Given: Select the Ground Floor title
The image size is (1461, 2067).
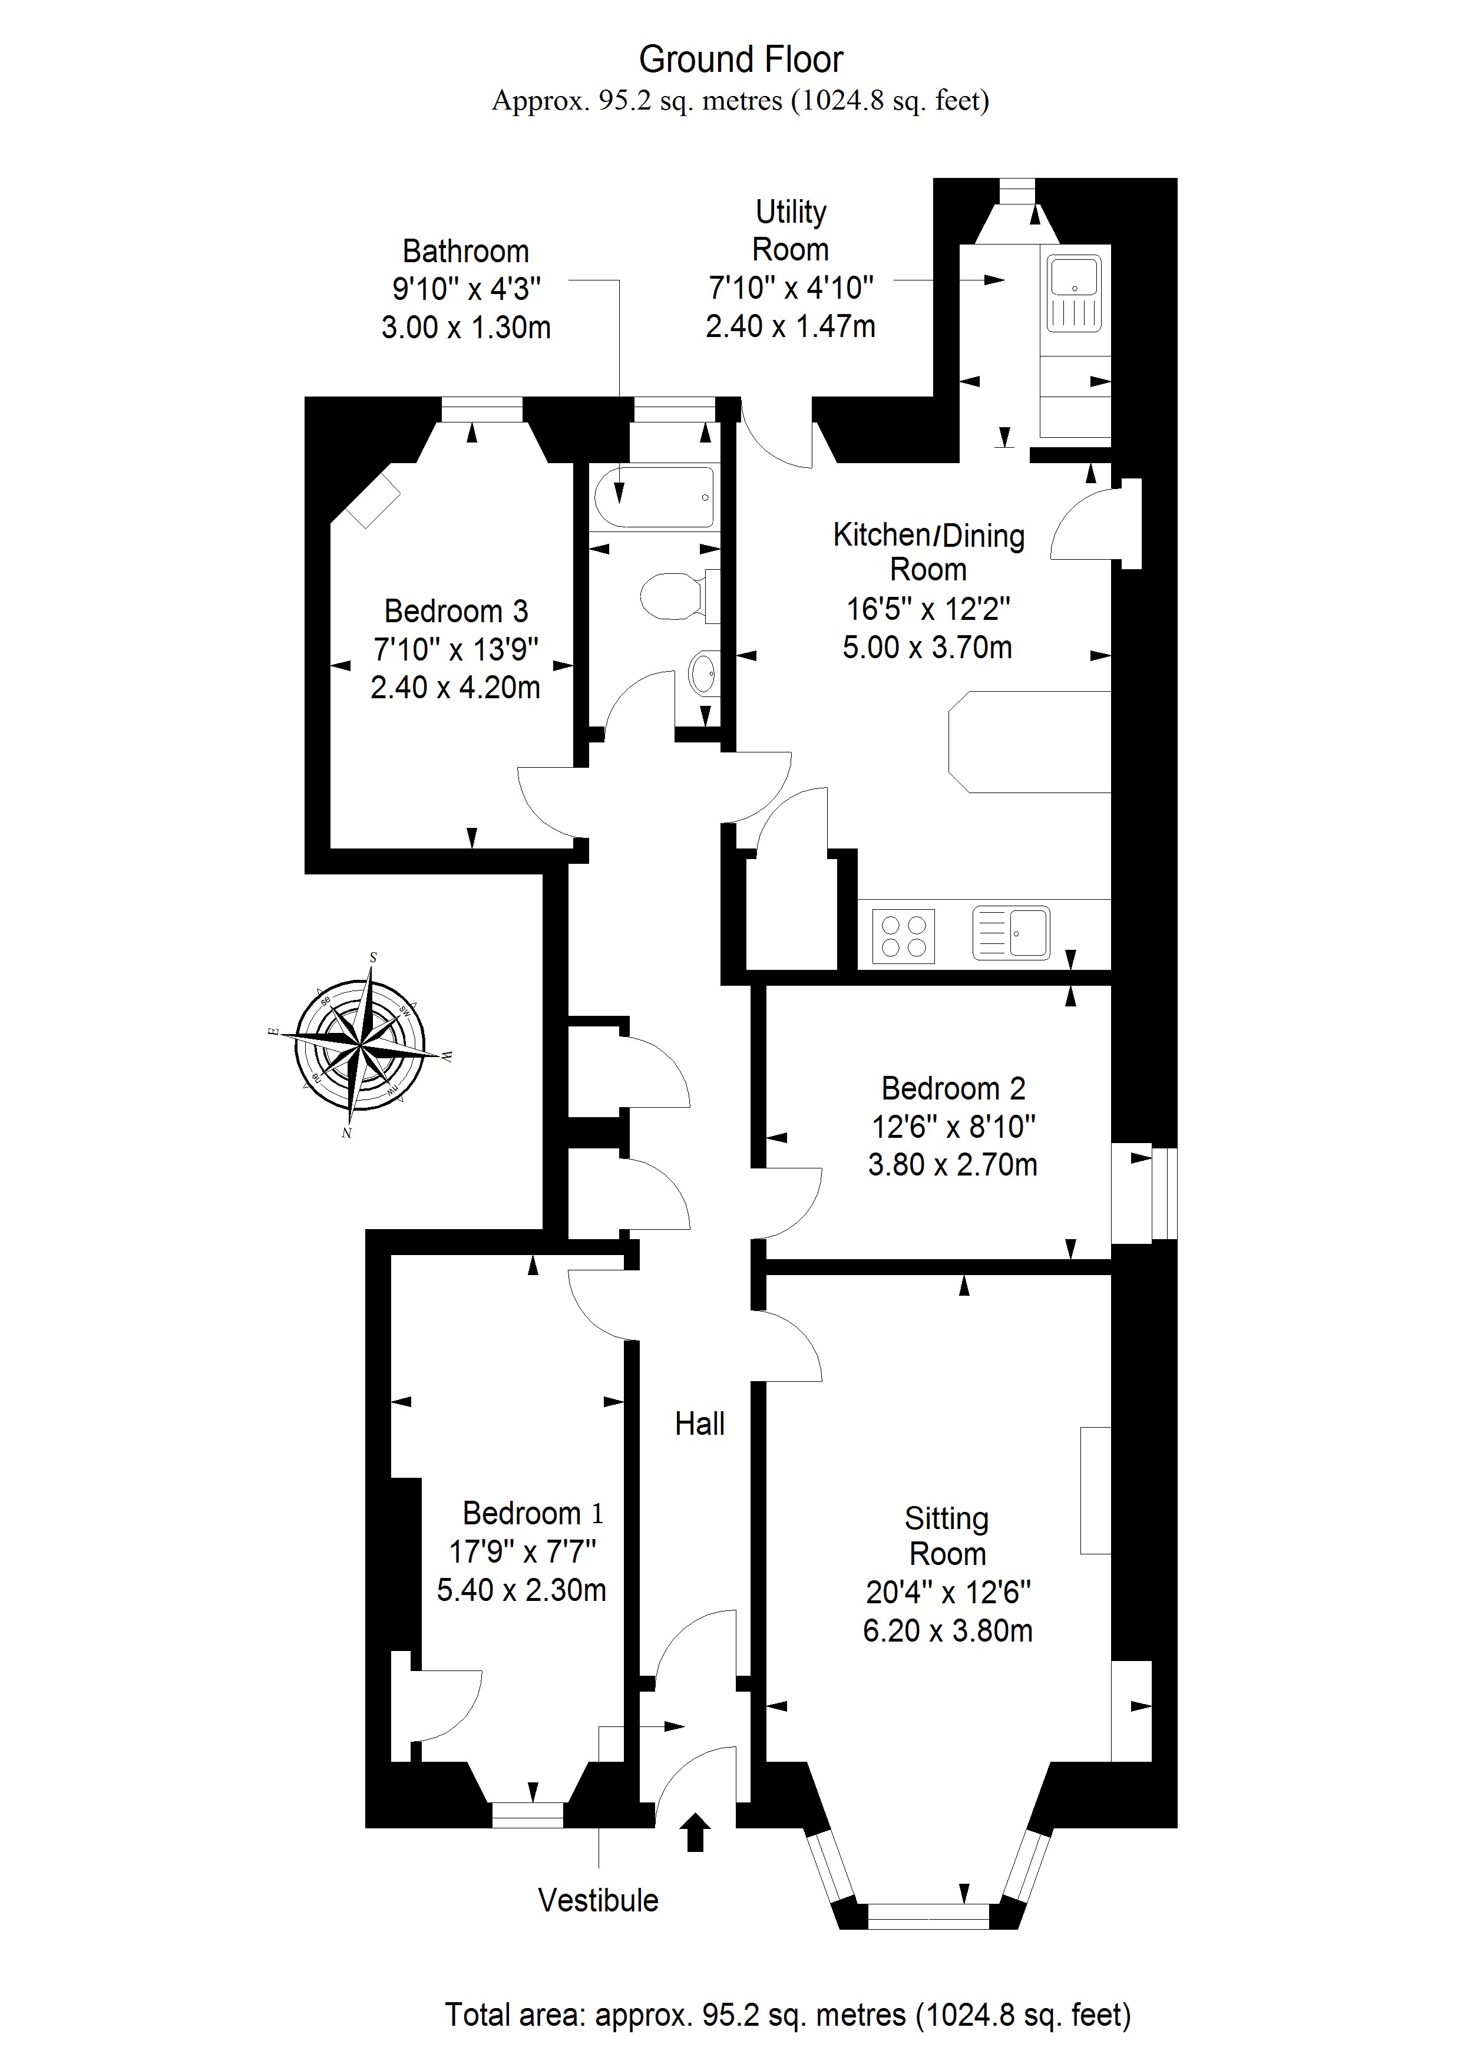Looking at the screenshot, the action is click(x=741, y=60).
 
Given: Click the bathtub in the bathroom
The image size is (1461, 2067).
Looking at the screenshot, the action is click(x=655, y=497).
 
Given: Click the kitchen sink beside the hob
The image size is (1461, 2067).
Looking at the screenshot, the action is click(x=1012, y=933).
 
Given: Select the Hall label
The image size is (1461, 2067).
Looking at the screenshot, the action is click(x=699, y=1424).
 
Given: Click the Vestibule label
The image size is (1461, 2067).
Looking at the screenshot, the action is click(x=598, y=1900).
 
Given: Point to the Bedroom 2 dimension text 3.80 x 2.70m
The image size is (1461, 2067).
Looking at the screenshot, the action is click(x=953, y=1164).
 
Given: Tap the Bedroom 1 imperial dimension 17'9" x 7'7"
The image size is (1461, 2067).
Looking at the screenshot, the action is click(x=523, y=1551).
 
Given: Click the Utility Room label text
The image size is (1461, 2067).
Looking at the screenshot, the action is click(x=791, y=230).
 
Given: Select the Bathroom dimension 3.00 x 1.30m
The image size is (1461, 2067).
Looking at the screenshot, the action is click(x=467, y=327).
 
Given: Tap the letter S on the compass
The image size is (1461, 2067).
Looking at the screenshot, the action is click(x=373, y=957).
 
